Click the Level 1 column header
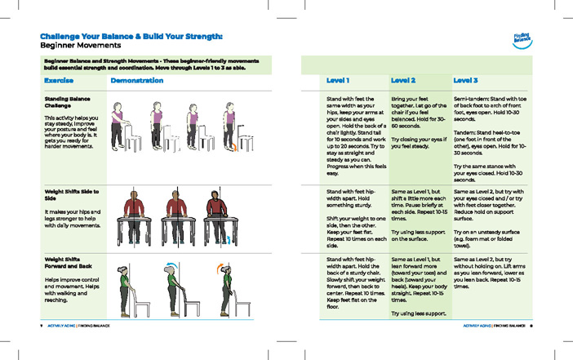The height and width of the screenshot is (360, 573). [338, 81]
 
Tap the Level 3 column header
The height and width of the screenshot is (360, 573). [465, 81]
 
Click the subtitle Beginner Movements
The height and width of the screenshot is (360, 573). [80, 47]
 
